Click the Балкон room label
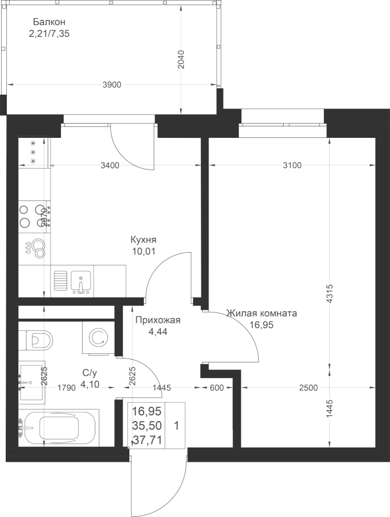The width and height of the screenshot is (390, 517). point(49,22)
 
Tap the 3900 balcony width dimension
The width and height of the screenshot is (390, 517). point(112,85)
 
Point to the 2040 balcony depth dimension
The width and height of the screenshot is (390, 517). point(182,60)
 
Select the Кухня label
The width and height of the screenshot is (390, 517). point(144,240)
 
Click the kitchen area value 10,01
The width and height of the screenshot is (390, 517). point(143,252)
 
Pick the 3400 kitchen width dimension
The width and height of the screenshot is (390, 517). point(110,165)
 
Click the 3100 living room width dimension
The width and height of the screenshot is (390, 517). point(292,165)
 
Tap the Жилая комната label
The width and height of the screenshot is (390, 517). point(262,313)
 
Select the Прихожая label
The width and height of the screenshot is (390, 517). point(159,320)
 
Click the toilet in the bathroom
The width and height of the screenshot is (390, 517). point(36,339)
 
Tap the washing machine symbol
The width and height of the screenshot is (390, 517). point(99,338)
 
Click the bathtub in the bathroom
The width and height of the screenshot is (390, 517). point(59,428)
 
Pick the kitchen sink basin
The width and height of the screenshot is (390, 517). point(80,281)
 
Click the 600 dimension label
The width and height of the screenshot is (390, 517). point(217,388)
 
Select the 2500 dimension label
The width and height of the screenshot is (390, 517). point(308,388)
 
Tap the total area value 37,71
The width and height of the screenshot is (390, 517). point(147,440)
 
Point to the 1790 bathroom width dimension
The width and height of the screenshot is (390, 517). point(67,388)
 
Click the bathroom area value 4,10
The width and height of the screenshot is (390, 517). point(90,384)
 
